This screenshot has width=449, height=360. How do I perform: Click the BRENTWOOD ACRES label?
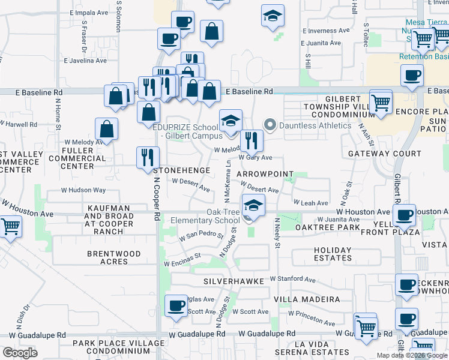point(114,258)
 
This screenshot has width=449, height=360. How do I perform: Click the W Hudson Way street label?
point(83,190)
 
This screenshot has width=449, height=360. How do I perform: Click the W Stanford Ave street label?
point(292,279)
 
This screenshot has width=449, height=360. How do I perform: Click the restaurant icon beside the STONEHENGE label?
point(148,158)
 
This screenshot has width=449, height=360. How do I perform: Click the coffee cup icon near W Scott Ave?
point(176,306)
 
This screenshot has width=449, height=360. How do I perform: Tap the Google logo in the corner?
point(20,353)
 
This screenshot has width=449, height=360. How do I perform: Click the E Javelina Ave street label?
point(85,61)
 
